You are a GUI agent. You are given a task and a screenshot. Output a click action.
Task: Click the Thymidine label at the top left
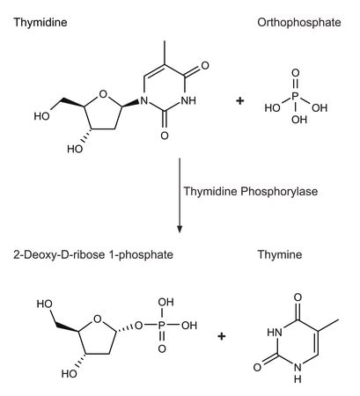tap(40, 23)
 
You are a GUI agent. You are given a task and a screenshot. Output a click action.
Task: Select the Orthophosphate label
tap(299, 22)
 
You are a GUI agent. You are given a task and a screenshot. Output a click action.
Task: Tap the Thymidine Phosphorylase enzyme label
tap(251, 192)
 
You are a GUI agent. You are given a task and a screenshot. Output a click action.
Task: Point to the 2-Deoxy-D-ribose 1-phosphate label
tap(93, 254)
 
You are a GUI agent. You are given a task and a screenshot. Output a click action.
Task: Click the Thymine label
tap(280, 254)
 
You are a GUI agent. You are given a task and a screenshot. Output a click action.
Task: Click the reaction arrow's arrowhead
tap(180, 229)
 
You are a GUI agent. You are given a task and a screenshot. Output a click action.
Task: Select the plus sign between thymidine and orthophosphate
tap(240, 101)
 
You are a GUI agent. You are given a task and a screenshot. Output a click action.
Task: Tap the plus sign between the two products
tap(222, 336)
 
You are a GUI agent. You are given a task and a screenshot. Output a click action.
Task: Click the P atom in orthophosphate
tap(296, 96)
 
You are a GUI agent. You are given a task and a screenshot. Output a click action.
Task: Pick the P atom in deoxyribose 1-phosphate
tap(162, 325)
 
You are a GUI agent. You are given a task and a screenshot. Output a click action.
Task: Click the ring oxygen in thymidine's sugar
tap(103, 94)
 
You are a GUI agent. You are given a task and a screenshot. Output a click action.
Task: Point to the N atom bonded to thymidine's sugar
tap(143, 101)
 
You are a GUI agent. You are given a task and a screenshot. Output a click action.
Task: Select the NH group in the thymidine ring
tap(188, 101)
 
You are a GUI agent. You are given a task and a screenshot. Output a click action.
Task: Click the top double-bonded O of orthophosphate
tap(296, 73)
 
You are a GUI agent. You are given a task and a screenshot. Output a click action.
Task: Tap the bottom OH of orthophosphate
tap(299, 120)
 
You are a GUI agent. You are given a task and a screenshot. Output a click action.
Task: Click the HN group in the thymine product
tap(275, 333)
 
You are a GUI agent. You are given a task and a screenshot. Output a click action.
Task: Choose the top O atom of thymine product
tap(298, 297)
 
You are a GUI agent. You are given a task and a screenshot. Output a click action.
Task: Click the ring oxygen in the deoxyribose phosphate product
tap(97, 319)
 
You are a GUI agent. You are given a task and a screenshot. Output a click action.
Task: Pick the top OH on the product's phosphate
tap(165, 302)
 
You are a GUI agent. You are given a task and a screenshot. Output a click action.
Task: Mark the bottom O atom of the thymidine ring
tap(165, 136)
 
